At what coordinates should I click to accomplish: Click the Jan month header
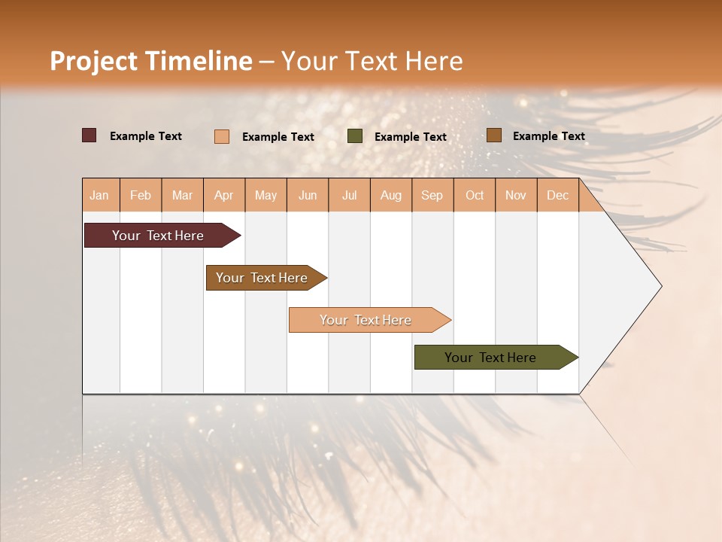(x=99, y=195)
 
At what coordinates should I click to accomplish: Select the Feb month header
(x=141, y=195)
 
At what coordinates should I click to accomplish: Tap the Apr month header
(x=223, y=195)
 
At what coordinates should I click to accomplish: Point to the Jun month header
(x=308, y=195)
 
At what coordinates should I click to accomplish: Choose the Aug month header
(x=390, y=195)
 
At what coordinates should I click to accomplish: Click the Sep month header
(x=432, y=195)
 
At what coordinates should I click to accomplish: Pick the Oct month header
(x=475, y=195)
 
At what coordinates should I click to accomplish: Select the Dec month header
(x=557, y=195)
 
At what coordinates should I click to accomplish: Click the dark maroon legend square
(x=89, y=135)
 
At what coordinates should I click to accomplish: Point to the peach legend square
(x=222, y=136)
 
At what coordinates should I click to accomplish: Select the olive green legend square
(x=355, y=136)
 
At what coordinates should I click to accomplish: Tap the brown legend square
(x=493, y=135)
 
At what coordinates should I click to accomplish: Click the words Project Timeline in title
(x=150, y=61)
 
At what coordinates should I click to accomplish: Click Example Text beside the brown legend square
(x=548, y=136)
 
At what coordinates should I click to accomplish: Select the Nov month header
(x=515, y=195)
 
